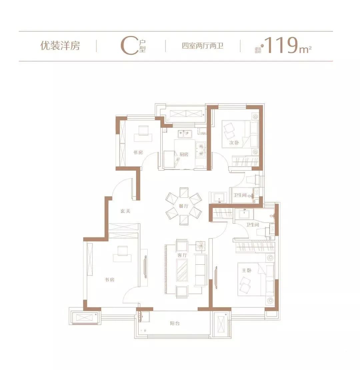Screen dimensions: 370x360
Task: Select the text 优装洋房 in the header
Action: pos(60,46)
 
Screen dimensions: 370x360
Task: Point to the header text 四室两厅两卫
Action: pos(202,46)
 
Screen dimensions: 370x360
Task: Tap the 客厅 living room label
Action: pos(182,255)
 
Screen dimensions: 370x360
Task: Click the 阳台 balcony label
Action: pos(175,323)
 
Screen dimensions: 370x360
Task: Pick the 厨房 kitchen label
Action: pos(184,154)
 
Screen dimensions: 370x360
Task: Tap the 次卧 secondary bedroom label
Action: pos(233,143)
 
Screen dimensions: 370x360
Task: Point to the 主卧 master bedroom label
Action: pos(247,270)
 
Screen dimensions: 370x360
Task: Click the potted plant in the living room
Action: pos(201,246)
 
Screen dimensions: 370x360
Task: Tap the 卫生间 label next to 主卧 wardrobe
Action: pos(253,225)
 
